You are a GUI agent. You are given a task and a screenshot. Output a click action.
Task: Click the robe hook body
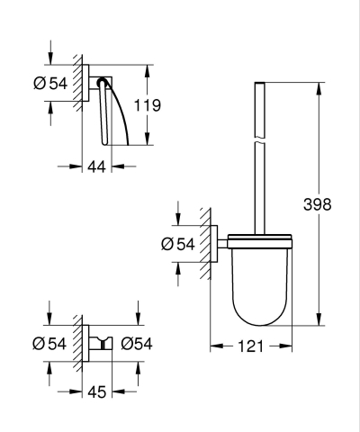99,342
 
